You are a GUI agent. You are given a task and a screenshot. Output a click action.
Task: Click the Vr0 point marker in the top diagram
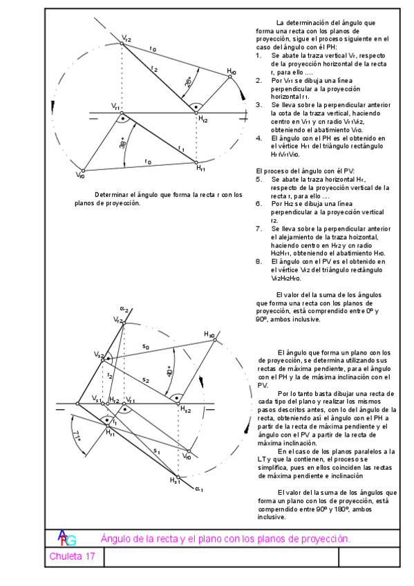click(x=83, y=170)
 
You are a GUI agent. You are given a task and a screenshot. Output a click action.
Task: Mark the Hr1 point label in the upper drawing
click(x=200, y=168)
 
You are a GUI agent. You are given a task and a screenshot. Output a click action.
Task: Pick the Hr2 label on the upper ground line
click(x=203, y=120)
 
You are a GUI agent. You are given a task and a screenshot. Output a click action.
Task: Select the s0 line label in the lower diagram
click(x=146, y=345)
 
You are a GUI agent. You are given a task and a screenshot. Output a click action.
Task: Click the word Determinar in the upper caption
click(x=110, y=194)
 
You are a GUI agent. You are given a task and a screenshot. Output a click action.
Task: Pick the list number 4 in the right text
click(x=258, y=138)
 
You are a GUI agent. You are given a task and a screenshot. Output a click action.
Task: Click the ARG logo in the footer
click(x=66, y=538)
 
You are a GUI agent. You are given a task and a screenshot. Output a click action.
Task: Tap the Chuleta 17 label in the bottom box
click(x=72, y=556)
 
